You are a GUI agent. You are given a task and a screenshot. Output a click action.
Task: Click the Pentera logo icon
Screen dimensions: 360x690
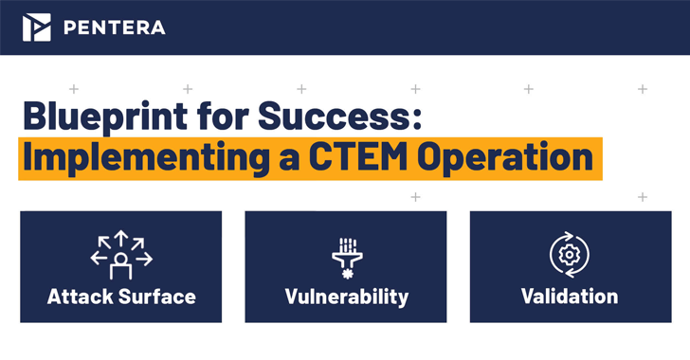pos(37,27)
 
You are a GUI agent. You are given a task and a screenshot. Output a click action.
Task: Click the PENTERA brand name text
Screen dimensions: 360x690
pos(114,27)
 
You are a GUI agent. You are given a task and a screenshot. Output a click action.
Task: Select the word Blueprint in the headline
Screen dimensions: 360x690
pos(104,119)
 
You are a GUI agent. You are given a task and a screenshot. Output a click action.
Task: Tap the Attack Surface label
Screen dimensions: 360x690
pos(121,297)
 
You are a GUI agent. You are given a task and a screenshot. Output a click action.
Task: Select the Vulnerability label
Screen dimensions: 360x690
pos(346,297)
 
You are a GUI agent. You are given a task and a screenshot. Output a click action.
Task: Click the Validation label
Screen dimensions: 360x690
pos(570,297)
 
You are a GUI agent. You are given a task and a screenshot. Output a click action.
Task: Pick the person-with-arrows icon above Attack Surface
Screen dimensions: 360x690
pos(121,255)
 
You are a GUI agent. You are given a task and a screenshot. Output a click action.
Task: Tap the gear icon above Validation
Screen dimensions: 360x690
pos(570,254)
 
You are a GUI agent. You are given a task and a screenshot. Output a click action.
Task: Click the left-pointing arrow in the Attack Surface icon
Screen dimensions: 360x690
pos(98,257)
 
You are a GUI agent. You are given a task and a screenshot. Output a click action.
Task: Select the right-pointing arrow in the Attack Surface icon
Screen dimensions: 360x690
pos(145,257)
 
